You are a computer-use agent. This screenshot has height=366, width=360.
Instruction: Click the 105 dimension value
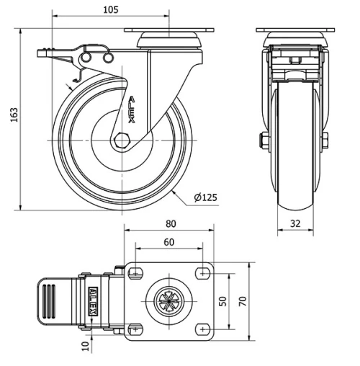(x=110, y=10)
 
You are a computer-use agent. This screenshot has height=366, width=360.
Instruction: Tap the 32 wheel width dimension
(x=296, y=223)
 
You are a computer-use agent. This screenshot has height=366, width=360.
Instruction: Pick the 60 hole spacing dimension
(x=168, y=242)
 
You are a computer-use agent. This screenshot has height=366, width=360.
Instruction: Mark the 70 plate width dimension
(x=243, y=300)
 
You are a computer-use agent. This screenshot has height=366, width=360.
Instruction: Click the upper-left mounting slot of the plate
(x=135, y=272)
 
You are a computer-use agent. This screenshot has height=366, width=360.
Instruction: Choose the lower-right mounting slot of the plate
(x=205, y=329)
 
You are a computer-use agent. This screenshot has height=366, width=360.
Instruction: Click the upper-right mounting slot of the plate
(x=205, y=272)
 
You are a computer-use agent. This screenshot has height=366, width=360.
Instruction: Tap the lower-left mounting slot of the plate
(x=135, y=329)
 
